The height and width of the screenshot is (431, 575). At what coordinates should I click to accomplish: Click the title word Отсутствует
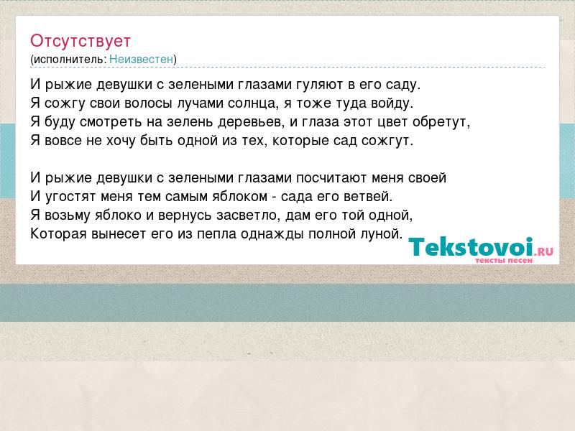(80, 41)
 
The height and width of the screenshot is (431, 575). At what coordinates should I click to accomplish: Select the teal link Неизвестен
(141, 59)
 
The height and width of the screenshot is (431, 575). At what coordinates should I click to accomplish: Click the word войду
(392, 103)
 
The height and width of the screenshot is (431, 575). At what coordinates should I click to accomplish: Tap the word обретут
(441, 122)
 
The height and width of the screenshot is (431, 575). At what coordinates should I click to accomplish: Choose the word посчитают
(331, 178)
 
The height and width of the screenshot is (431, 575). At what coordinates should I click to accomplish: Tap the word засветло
(248, 215)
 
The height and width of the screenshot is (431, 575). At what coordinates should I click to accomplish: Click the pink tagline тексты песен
(504, 260)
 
